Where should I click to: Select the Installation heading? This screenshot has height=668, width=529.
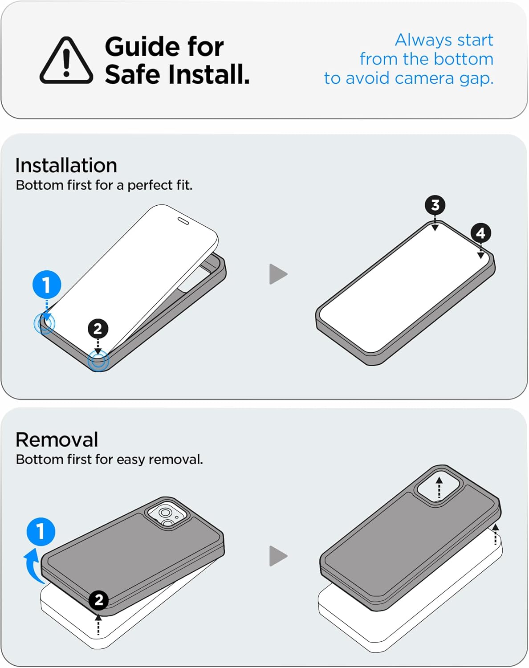[x=66, y=165]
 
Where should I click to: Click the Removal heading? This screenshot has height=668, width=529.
[x=57, y=440]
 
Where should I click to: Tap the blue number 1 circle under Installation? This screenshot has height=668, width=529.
[x=47, y=285]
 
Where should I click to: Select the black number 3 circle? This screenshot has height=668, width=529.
[x=435, y=205]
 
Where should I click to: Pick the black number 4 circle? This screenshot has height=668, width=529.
[x=480, y=233]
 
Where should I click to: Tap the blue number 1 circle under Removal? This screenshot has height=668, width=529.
[x=41, y=532]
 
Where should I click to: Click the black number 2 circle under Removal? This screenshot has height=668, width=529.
[x=98, y=600]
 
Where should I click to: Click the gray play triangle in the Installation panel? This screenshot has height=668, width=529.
[x=278, y=274]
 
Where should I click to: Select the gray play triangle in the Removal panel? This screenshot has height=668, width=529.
[x=278, y=556]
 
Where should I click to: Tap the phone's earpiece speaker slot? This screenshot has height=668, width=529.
[x=183, y=221]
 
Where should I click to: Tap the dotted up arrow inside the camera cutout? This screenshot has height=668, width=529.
[x=439, y=488]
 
